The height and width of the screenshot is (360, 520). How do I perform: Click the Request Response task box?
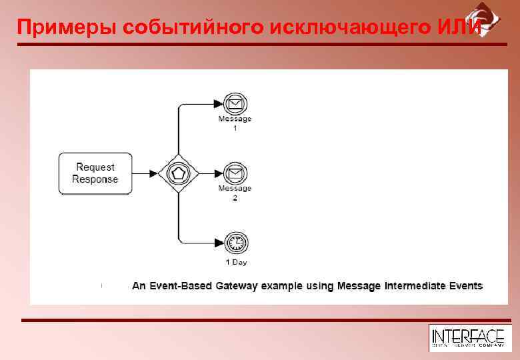95,173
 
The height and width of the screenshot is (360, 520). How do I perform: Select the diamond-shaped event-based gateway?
179,174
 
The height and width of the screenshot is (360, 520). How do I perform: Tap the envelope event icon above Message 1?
235,104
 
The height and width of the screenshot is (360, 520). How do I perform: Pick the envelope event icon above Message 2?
235,173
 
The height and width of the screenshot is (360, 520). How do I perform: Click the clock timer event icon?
235,243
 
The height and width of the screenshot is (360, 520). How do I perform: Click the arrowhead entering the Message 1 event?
218,104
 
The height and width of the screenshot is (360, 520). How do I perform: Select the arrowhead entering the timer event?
218,243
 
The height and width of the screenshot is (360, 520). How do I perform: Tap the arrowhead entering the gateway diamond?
154,174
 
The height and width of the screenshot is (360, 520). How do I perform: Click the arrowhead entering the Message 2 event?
218,174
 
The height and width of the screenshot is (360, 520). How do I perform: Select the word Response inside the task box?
95,179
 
